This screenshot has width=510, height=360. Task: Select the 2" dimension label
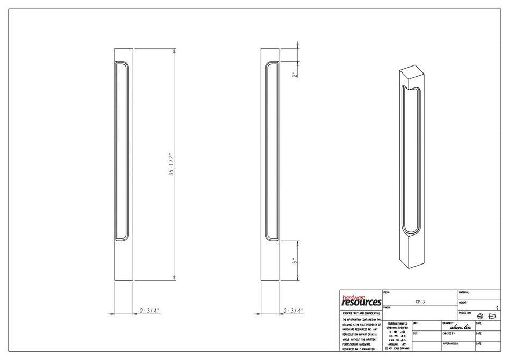(x=294, y=75)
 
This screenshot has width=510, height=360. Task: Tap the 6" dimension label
(x=294, y=261)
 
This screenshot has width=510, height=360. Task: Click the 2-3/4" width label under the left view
(x=150, y=311)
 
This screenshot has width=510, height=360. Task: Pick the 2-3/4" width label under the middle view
(x=293, y=311)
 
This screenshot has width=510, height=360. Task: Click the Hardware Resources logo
(x=361, y=301)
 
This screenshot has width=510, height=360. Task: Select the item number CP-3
(x=420, y=302)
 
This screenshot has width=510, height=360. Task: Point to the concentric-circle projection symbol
(x=480, y=316)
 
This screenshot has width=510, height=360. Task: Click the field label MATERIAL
(x=464, y=292)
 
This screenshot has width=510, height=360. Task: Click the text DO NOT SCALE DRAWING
(x=396, y=349)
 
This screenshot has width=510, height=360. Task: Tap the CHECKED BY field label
(x=450, y=333)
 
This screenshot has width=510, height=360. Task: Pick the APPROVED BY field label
(x=450, y=343)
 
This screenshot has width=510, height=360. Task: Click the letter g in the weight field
(x=498, y=307)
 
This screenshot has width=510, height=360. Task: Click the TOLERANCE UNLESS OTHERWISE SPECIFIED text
(x=396, y=326)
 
